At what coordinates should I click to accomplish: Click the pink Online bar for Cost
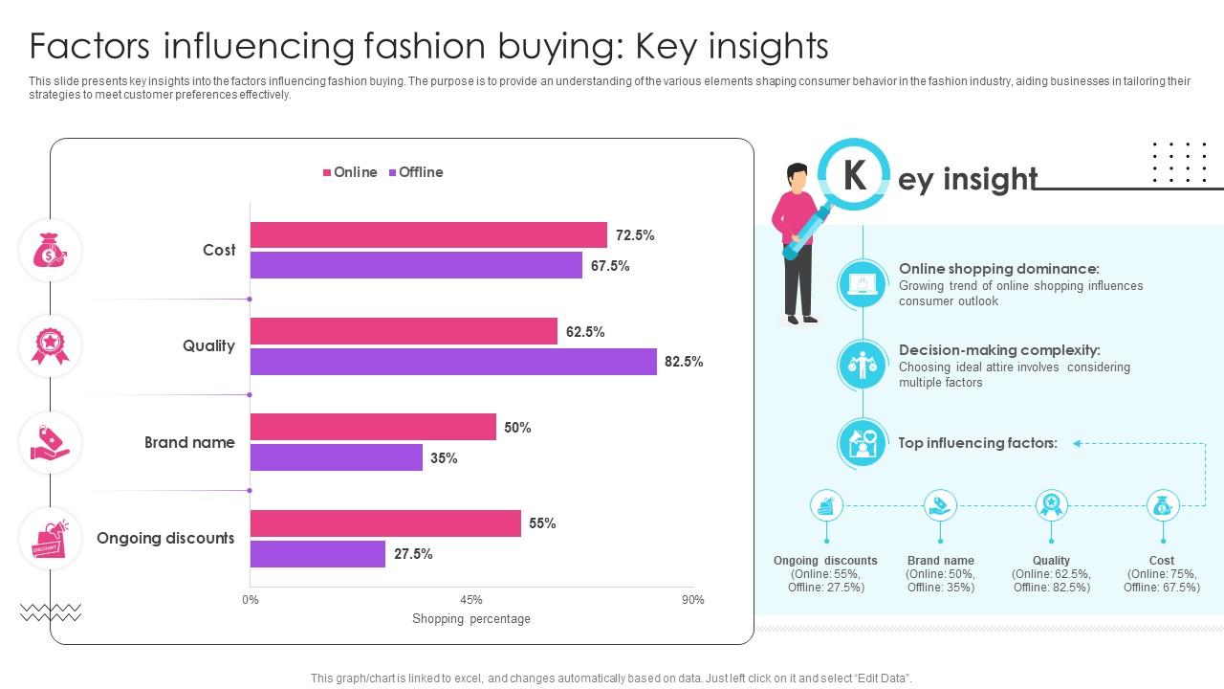(x=428, y=235)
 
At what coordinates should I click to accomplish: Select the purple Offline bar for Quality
(x=453, y=362)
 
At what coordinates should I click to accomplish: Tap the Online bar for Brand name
(x=373, y=427)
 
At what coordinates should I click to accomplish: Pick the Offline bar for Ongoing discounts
(x=317, y=554)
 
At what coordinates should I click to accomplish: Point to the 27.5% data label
(x=413, y=554)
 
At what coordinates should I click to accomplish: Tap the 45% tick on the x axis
(x=471, y=600)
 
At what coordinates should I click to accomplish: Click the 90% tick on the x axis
(x=692, y=600)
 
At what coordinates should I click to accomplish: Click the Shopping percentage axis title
(x=471, y=619)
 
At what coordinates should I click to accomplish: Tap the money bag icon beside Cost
(x=50, y=251)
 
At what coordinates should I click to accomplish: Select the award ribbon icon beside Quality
(x=50, y=345)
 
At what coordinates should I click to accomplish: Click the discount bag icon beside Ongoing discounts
(x=50, y=539)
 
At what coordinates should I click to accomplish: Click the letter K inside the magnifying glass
(x=854, y=175)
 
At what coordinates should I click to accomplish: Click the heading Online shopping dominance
(x=998, y=270)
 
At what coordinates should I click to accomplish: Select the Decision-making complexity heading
(x=999, y=350)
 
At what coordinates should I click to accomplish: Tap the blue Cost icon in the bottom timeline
(x=1162, y=505)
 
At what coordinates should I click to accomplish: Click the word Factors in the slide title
(x=86, y=46)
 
